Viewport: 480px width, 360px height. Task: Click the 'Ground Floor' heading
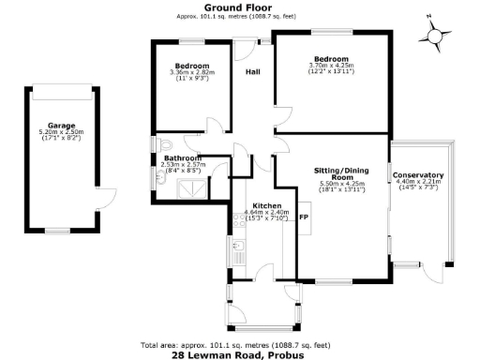[x=238, y=7]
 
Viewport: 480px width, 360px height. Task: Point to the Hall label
[x=253, y=71]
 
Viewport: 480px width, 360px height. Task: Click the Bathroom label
[x=179, y=158]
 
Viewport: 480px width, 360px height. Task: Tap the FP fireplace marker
[x=303, y=217]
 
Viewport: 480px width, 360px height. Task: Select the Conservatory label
[x=418, y=175]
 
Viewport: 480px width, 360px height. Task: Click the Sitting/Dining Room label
[x=333, y=173]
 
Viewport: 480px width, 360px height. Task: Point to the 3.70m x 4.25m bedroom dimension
[x=332, y=66]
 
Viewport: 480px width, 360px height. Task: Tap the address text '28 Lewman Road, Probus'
[x=238, y=355]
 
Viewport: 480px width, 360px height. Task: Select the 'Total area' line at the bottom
[x=238, y=345]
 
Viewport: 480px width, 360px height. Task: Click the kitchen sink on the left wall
[x=238, y=250]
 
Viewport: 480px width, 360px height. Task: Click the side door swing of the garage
[x=105, y=199]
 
